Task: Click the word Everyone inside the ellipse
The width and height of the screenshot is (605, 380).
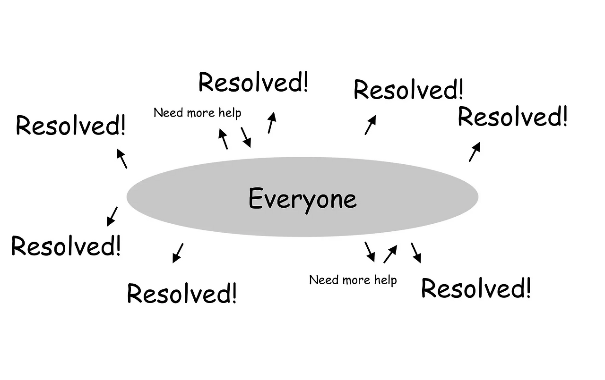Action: coord(302,198)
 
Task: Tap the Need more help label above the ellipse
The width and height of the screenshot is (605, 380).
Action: coord(198,113)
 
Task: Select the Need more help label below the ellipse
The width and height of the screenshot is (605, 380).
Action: coord(353,280)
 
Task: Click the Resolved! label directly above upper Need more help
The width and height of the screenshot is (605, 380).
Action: coord(253,83)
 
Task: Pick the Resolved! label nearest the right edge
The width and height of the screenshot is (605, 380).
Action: coord(512,117)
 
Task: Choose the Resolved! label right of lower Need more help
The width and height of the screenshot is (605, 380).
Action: coord(475,288)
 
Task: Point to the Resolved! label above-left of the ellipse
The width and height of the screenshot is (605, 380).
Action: coord(70,126)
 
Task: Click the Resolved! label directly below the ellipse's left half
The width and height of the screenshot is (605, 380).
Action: coord(181,294)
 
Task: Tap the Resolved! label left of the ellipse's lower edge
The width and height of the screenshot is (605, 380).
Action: coord(66,246)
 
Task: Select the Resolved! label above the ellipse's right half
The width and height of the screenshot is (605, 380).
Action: coord(408,90)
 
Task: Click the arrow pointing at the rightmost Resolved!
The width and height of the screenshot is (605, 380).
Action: coord(475,152)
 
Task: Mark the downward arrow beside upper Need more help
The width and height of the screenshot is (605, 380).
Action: coord(246,137)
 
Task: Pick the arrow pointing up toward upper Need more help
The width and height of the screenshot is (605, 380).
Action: coord(223,139)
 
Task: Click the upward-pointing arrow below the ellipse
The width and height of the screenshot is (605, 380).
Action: coord(390,253)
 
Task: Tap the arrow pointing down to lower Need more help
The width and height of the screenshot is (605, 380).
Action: coord(370,252)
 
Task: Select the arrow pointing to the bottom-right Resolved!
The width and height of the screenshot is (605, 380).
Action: coord(416,253)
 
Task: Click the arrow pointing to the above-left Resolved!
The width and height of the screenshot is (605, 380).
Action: coord(121,158)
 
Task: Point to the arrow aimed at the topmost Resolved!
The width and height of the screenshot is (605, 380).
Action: coord(271,123)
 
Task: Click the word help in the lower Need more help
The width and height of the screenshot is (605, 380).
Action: coord(385,280)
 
